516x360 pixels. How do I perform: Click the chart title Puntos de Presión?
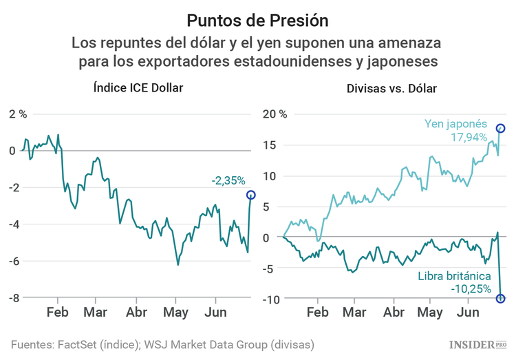(x=257, y=19)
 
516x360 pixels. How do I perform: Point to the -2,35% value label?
(x=228, y=180)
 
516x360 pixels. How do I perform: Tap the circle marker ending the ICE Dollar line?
(x=250, y=195)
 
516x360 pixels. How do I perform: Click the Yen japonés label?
(x=455, y=125)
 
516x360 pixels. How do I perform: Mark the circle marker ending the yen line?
(x=501, y=129)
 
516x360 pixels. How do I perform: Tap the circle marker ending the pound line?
(x=500, y=298)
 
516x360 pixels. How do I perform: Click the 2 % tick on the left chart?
(x=17, y=114)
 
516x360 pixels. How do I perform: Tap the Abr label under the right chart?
(x=394, y=313)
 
